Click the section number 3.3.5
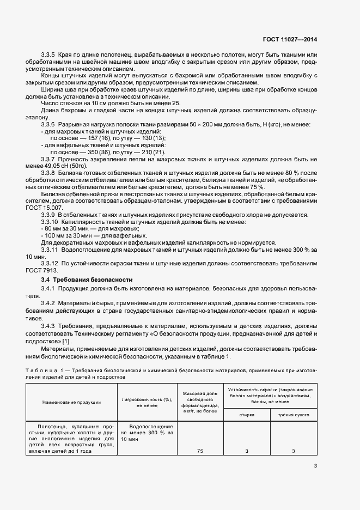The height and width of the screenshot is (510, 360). click(x=50, y=54)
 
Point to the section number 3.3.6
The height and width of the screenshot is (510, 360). click(x=50, y=125)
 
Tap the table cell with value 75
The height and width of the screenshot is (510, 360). click(x=200, y=451)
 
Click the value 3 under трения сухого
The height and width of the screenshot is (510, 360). click(x=293, y=451)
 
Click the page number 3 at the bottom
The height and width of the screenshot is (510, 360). click(x=315, y=465)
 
